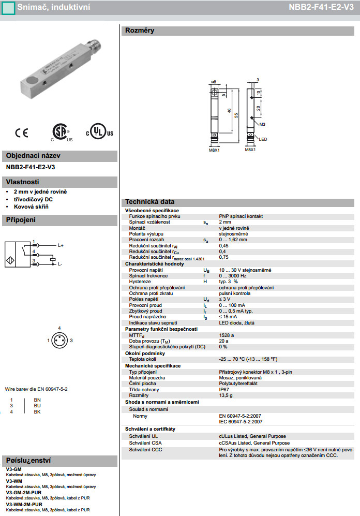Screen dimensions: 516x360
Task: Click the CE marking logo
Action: pos(22,133)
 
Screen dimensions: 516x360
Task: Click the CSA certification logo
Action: pos(61,132)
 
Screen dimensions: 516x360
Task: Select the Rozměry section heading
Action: pos(140,31)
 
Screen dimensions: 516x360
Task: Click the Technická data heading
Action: pos(149,202)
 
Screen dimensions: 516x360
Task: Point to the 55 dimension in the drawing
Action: pos(236,116)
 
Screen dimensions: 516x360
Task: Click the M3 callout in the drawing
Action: pos(262,125)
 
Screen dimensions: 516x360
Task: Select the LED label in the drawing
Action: pos(263,139)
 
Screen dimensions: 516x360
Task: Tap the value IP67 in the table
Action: pos(224,390)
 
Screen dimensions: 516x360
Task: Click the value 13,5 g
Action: pos(226,395)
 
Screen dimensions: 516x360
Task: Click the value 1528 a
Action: pos(227,335)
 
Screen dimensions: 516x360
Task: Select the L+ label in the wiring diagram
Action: pos(60,245)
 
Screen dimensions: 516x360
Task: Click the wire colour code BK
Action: pos(37,412)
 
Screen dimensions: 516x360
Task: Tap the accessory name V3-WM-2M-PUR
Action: pos(24,504)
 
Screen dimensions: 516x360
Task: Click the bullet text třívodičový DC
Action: pos(33,199)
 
